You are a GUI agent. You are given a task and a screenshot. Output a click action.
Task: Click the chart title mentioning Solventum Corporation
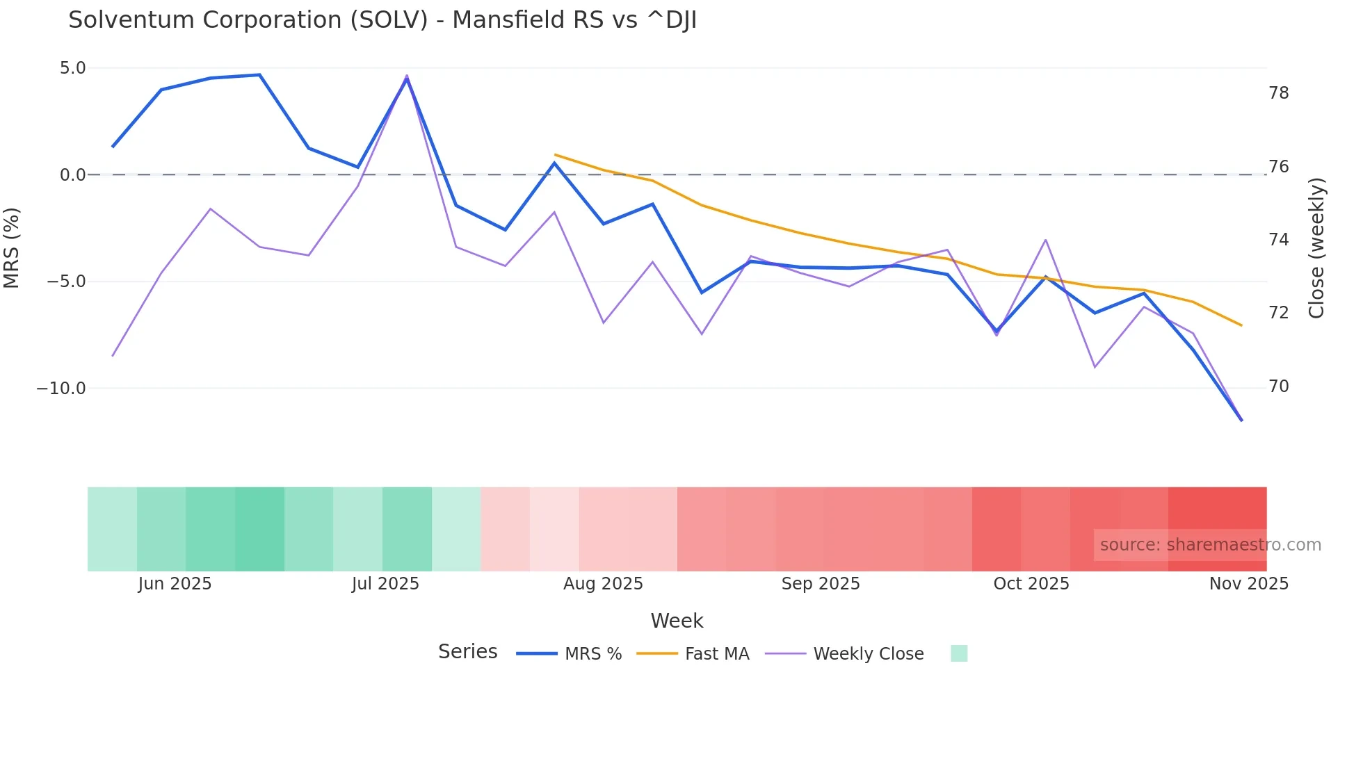[382, 20]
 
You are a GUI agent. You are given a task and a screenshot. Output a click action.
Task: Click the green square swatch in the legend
[959, 653]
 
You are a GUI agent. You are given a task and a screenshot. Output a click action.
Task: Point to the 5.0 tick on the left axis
[72, 68]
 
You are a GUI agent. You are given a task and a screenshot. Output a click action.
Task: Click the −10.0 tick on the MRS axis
[61, 389]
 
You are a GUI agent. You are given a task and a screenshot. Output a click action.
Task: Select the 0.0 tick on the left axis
[72, 175]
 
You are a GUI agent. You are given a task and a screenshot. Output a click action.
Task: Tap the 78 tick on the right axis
[1278, 93]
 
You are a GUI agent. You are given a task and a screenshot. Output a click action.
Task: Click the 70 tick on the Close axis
[1278, 386]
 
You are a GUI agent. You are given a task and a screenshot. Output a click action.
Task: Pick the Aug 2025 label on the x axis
[603, 584]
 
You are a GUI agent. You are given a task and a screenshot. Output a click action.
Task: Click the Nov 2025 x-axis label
[1248, 584]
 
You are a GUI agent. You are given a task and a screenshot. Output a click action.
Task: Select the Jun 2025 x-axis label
[175, 584]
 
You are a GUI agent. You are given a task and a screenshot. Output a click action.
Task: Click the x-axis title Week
[677, 621]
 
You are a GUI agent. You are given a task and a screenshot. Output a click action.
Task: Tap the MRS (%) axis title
[12, 247]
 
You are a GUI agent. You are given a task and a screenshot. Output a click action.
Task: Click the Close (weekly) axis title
[1316, 247]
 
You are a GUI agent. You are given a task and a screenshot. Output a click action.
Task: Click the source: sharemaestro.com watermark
[1210, 545]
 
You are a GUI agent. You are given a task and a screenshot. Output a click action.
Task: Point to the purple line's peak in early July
[407, 75]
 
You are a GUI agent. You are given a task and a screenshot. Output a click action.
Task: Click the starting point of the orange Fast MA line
[555, 154]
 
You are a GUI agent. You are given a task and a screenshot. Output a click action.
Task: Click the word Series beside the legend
[467, 652]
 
